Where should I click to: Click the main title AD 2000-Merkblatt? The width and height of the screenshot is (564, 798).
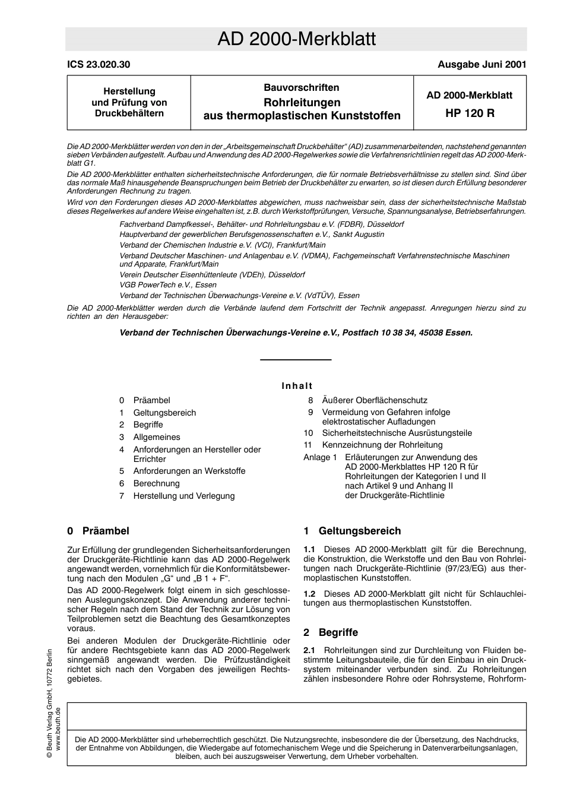click(296, 39)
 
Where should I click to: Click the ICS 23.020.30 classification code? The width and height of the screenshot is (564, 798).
click(99, 65)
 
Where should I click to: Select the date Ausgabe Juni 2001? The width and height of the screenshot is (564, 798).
click(481, 65)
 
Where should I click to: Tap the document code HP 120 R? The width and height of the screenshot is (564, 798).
click(469, 113)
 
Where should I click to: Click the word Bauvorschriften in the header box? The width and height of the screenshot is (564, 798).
click(302, 88)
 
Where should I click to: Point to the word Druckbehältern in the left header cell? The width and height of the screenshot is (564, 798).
click(129, 113)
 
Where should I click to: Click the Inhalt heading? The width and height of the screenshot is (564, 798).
click(297, 386)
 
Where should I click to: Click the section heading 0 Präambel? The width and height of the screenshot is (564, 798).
click(98, 531)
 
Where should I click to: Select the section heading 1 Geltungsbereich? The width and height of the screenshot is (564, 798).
click(352, 531)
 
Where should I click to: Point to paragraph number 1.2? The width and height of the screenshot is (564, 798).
click(309, 594)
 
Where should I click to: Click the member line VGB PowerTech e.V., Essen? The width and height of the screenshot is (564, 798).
click(168, 285)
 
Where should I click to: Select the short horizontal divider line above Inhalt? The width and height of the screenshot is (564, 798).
click(296, 360)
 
